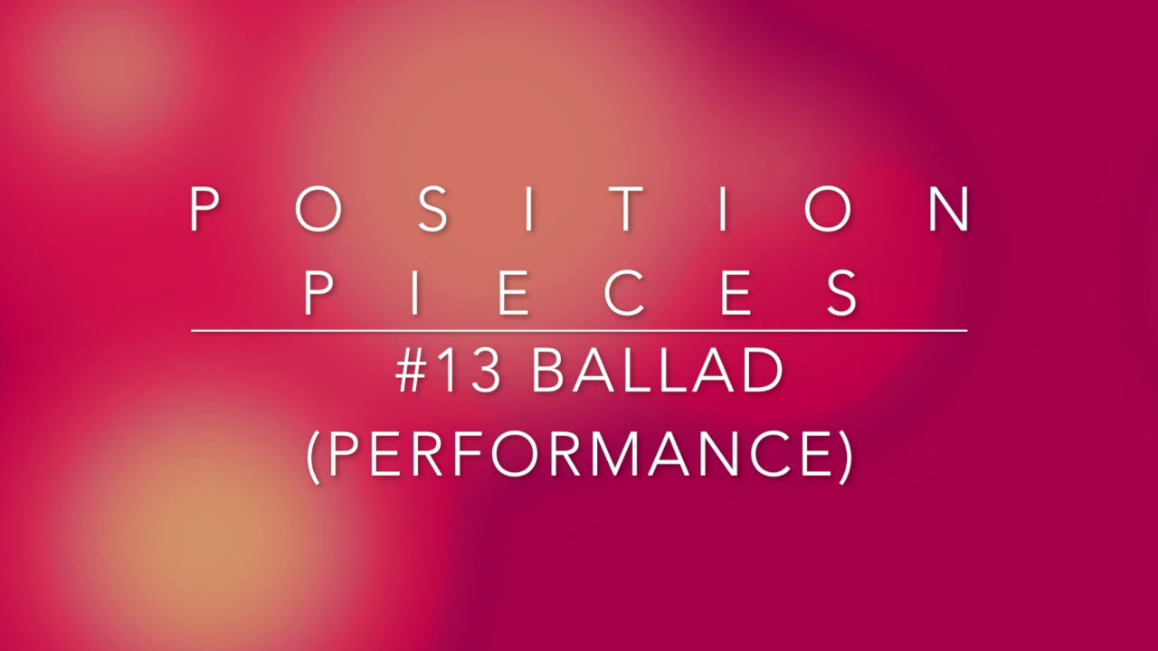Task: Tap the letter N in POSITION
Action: pos(949,210)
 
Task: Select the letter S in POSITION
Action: pos(433,210)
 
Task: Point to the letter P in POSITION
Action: pos(205,210)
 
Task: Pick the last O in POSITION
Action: pos(828,210)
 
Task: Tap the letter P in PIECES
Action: pos(319,292)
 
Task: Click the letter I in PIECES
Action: pos(415,292)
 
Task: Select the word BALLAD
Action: pos(656,371)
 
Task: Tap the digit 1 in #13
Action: pos(450,371)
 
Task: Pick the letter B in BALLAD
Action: pos(549,371)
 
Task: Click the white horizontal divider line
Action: pos(579,331)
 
